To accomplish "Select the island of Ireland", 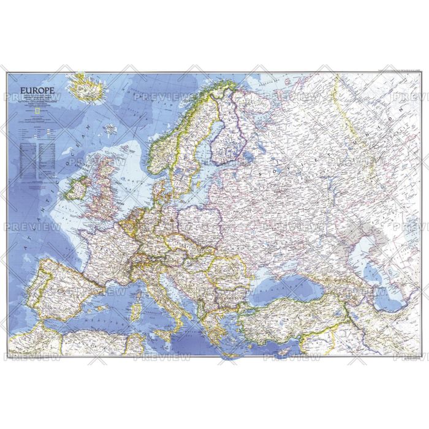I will [x=80, y=188].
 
